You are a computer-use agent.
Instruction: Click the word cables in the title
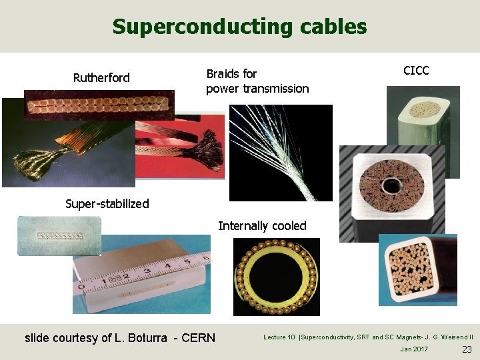333,27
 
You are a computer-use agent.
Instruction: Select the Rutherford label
101,78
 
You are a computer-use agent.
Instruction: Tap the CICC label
416,71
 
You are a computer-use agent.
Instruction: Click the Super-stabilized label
107,203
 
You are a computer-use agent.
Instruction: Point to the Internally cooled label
262,226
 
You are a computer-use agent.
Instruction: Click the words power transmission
257,89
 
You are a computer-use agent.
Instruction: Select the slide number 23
466,349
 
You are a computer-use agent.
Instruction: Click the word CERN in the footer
198,337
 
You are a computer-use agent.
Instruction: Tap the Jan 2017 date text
414,349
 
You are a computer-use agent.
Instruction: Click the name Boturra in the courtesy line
147,337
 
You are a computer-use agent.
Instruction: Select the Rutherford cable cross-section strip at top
99,105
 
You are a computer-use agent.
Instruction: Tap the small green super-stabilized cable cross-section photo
59,235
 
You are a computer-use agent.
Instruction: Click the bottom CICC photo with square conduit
417,270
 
